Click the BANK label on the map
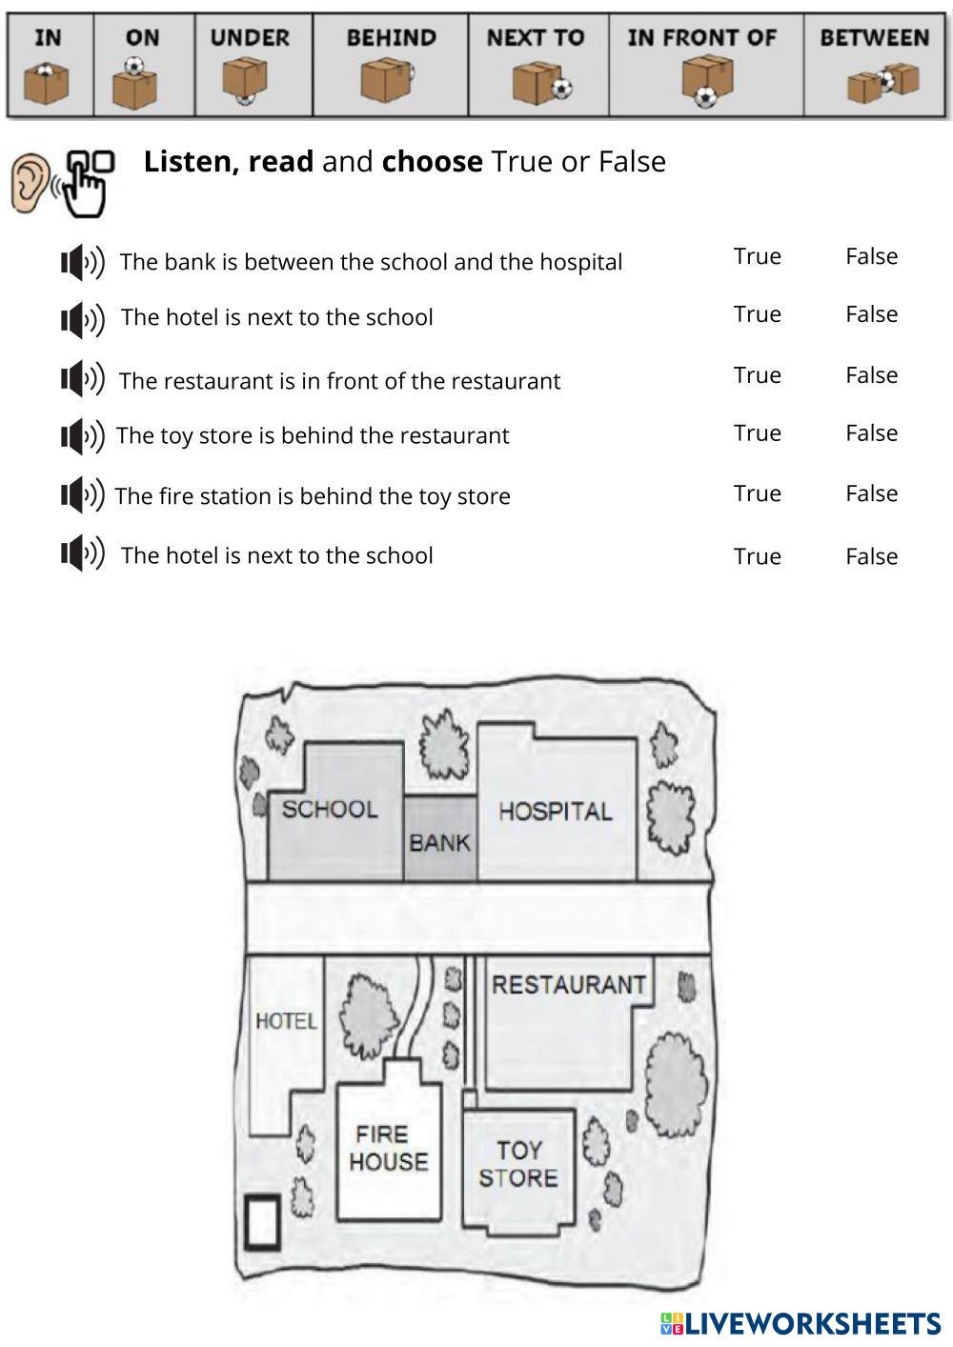pos(439,842)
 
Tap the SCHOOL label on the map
pos(330,810)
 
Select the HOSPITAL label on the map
pos(555,812)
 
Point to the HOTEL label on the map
pos(286,1021)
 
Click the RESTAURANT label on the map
pos(569,984)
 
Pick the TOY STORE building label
pos(518,1164)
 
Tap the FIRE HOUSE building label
pos(388,1148)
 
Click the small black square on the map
pos(262,1221)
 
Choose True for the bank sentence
pos(757,256)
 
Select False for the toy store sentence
pos(871,433)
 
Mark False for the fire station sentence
pos(871,493)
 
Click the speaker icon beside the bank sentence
pos(82,262)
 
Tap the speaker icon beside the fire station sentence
pos(82,495)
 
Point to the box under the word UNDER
pos(245,80)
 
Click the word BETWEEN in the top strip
pos(874,38)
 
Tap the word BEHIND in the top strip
pos(391,38)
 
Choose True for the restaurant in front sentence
pos(757,375)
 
